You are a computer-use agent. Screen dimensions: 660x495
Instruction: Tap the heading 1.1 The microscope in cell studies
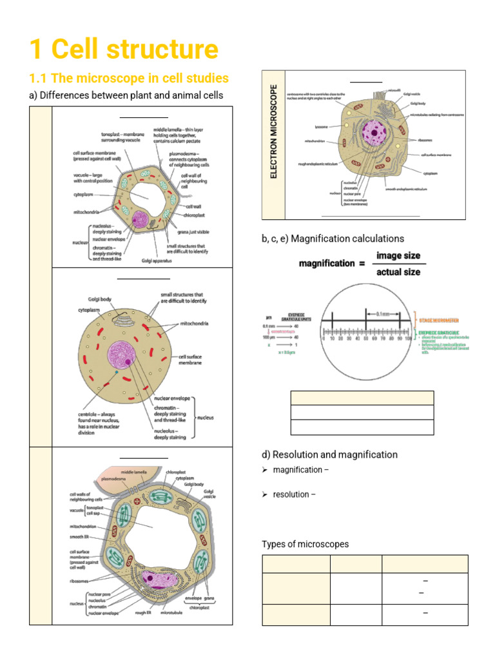(x=129, y=78)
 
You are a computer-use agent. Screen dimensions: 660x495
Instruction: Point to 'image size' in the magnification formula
(x=398, y=255)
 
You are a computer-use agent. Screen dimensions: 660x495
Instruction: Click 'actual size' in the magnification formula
(x=398, y=271)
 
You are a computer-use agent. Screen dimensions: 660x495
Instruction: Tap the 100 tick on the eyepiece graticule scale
(x=409, y=338)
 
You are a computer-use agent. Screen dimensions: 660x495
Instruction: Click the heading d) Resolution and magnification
(x=329, y=454)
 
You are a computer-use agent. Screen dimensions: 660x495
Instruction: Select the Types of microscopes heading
(x=305, y=544)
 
